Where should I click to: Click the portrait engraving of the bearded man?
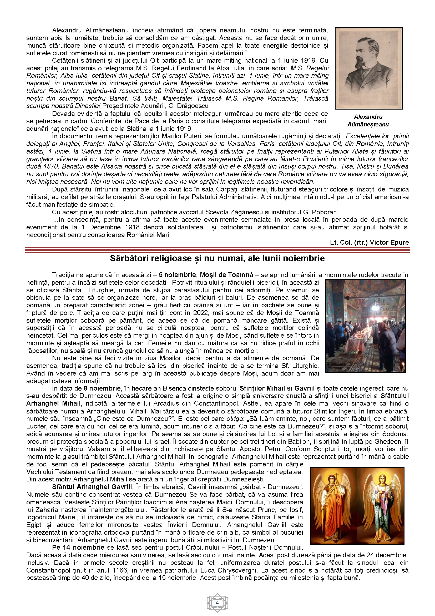click(x=368, y=68)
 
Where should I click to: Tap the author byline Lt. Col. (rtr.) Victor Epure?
click(x=369, y=243)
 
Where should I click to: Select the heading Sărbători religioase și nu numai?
click(x=217, y=258)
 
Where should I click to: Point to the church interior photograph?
click(x=365, y=326)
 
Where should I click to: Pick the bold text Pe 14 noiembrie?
click(x=78, y=547)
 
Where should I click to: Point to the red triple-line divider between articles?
click(x=217, y=250)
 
